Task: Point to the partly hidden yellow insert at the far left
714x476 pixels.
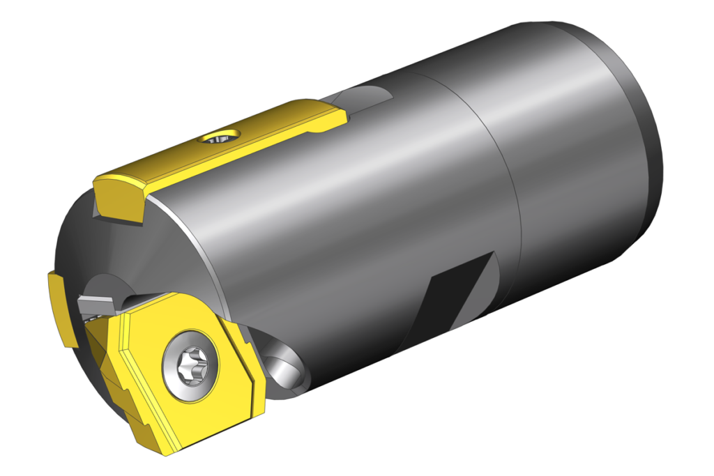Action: click(x=59, y=307)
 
